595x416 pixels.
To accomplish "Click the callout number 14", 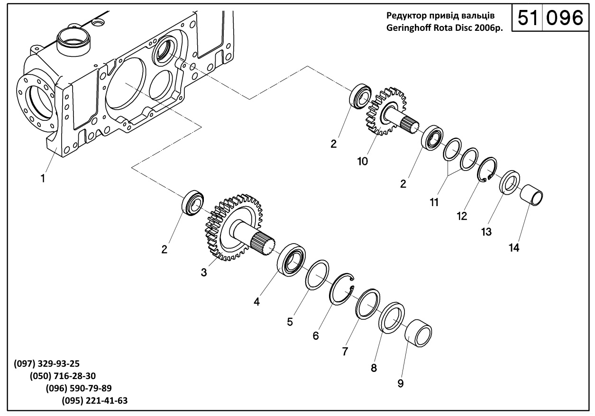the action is pos(514,248).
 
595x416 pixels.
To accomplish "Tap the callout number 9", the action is pos(400,383).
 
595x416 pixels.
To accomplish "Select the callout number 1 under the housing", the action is pos(43,178).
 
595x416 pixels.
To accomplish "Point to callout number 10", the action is pos(363,161).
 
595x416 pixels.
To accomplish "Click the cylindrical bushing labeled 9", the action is pos(418,333).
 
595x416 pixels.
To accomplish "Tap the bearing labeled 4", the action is pos(291,260).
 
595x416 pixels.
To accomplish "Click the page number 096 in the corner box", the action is pos(565,18).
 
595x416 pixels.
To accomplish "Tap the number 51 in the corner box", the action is pos(528,18).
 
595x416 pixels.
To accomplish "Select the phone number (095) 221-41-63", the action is pos(94,400).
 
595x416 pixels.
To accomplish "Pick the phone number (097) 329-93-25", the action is pos(47,363).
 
